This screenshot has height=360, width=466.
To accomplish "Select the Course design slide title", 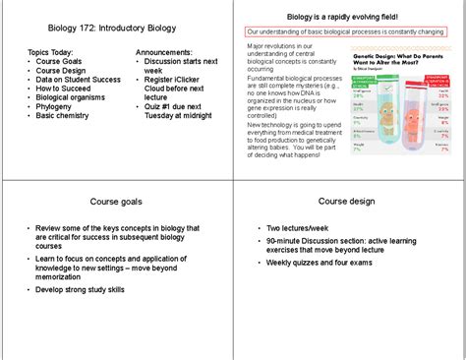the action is click(x=346, y=202).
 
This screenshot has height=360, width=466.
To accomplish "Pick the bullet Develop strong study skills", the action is click(x=83, y=290).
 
